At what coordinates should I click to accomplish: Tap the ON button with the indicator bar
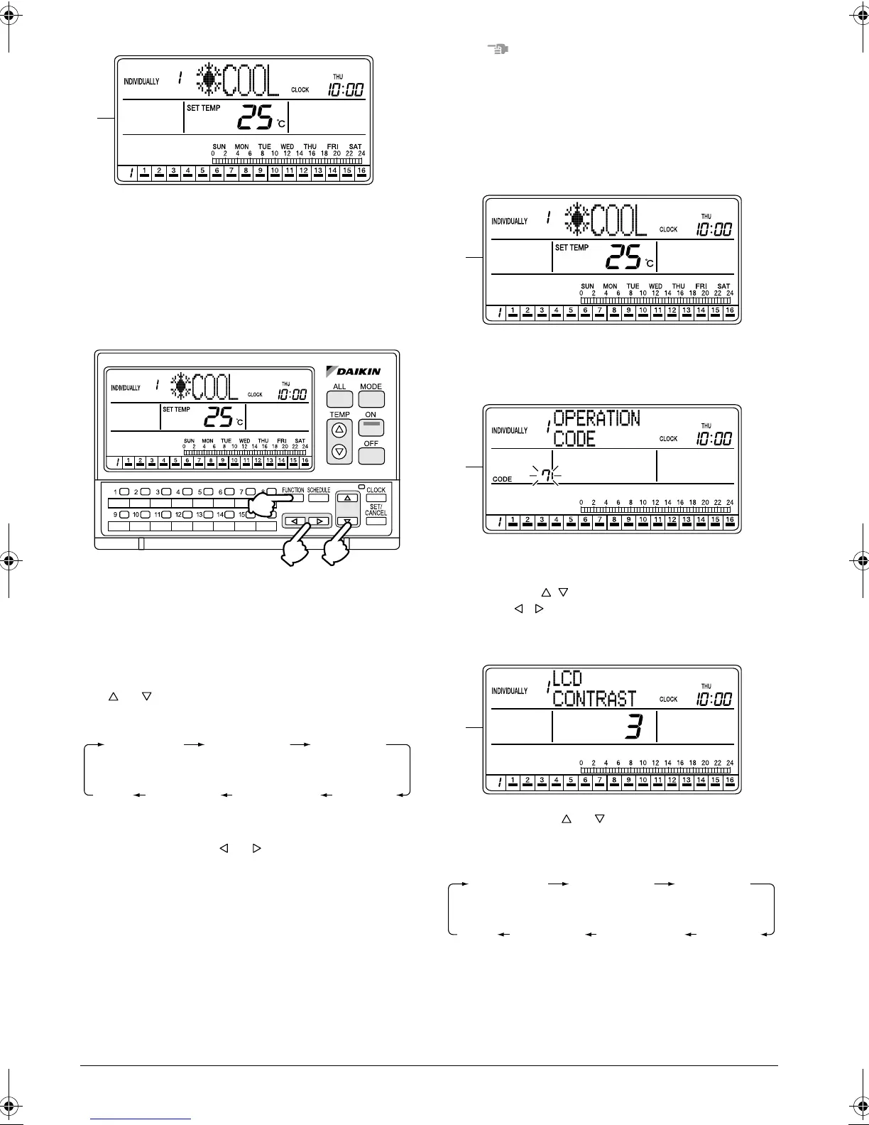[371, 427]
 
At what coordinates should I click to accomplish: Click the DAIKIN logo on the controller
[354, 370]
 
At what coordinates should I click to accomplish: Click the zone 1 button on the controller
[124, 491]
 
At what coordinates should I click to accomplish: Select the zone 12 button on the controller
[187, 513]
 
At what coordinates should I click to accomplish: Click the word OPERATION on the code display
[596, 418]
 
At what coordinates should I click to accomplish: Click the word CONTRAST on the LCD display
[594, 698]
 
